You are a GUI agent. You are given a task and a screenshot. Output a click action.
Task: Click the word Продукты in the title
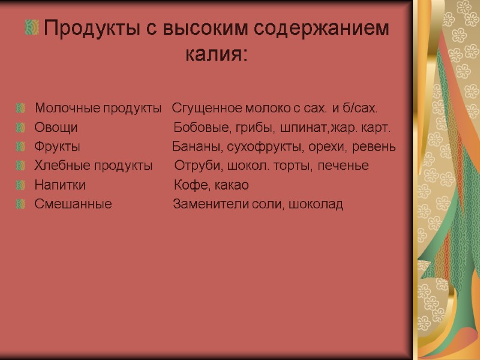click(x=82, y=28)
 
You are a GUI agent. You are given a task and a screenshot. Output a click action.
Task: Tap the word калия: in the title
click(x=215, y=55)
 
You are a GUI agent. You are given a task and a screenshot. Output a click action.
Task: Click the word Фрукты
click(x=58, y=147)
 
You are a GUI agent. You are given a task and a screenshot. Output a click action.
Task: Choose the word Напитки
click(x=60, y=185)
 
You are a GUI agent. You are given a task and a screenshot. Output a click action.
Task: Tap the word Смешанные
click(x=73, y=204)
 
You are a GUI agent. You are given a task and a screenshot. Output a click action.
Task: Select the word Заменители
click(x=207, y=204)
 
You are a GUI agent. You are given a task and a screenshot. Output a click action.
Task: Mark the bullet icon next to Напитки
click(x=22, y=185)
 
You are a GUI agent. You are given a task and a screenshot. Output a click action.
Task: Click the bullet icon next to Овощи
click(x=22, y=128)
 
